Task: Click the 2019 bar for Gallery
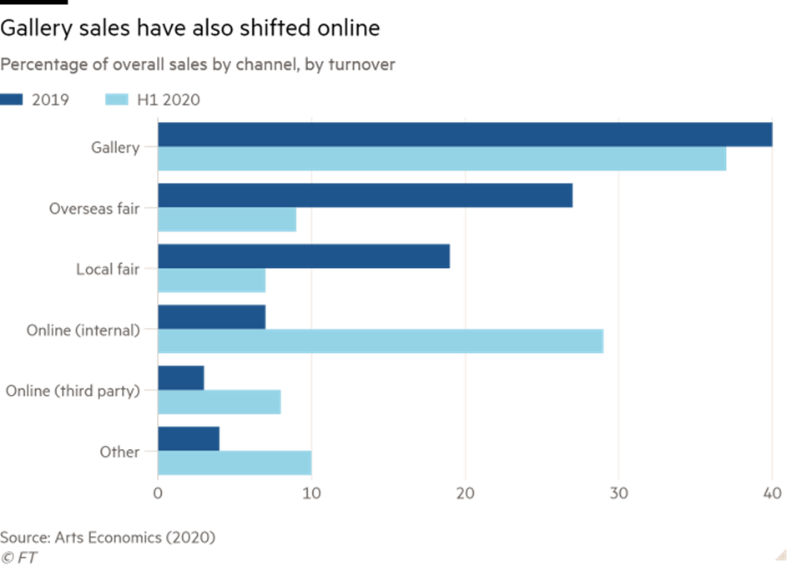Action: point(465,135)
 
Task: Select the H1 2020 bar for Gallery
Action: point(442,159)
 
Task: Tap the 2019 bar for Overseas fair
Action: point(366,195)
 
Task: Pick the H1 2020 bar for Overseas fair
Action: point(227,220)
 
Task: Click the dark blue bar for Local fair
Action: point(304,256)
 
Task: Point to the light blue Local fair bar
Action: point(212,281)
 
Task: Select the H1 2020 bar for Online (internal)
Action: point(381,341)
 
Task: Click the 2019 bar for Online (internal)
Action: point(212,317)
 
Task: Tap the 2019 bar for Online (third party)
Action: point(181,377)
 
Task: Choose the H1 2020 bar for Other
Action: point(235,462)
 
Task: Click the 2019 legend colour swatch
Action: point(12,99)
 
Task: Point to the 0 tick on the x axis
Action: point(158,494)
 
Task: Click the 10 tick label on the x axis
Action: point(311,494)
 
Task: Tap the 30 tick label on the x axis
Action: point(618,494)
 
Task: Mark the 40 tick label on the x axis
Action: point(772,494)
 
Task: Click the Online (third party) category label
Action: point(73,390)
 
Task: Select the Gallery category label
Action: point(115,148)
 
